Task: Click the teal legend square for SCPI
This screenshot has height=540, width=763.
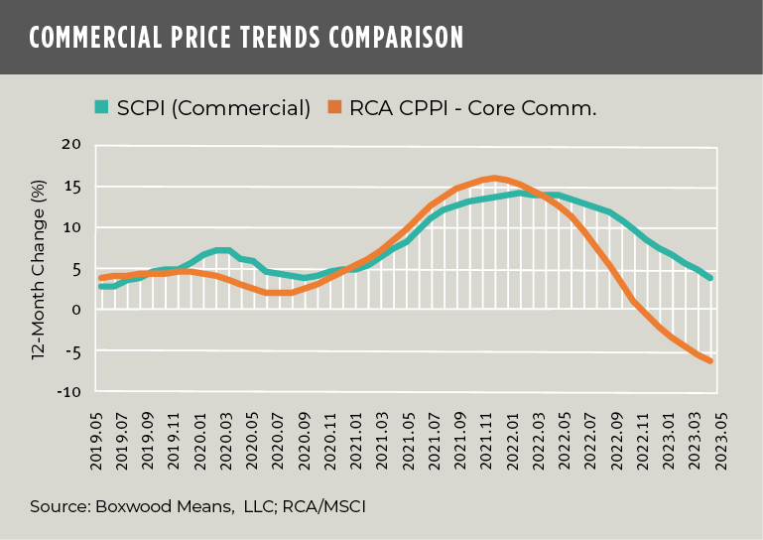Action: (101, 106)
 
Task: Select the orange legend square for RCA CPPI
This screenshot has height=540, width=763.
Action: (333, 106)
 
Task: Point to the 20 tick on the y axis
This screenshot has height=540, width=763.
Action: (71, 145)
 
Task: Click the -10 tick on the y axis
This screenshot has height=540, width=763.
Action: (68, 392)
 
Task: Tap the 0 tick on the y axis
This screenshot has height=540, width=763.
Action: (75, 310)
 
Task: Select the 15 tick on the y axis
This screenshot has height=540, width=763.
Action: (72, 187)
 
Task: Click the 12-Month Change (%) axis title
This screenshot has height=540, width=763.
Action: (39, 269)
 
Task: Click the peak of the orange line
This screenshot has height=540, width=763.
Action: (494, 179)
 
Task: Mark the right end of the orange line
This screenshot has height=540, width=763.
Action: (710, 360)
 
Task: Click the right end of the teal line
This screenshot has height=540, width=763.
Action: (710, 278)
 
